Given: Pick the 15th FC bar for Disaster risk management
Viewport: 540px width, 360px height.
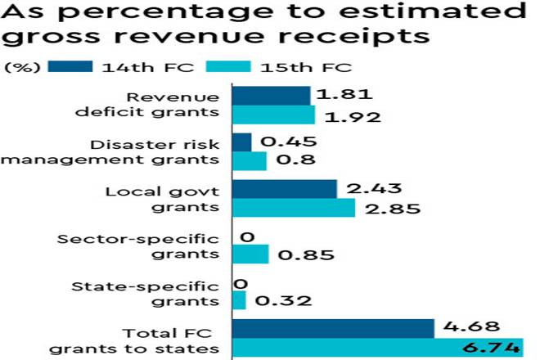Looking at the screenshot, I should pyautogui.click(x=250, y=161).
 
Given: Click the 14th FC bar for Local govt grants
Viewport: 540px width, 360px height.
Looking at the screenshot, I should pyautogui.click(x=285, y=189).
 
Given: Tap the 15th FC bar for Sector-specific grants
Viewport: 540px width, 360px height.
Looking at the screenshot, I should pyautogui.click(x=251, y=255).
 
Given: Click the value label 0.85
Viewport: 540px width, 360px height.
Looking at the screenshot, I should pyautogui.click(x=305, y=255).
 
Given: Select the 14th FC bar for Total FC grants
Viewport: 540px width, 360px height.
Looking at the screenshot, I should pyautogui.click(x=333, y=328).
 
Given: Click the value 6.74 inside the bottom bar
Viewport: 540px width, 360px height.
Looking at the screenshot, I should pyautogui.click(x=493, y=349).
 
